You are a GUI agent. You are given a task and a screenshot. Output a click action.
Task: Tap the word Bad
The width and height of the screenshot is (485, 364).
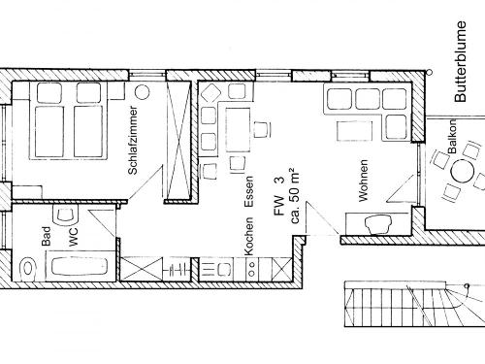tap(46, 235)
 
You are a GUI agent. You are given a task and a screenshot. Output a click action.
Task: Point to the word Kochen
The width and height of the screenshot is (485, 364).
tap(249, 235)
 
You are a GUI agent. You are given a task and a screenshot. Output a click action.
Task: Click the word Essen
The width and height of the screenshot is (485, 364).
tap(249, 197)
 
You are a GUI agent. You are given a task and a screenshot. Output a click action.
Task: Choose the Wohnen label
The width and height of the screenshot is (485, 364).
tap(364, 181)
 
